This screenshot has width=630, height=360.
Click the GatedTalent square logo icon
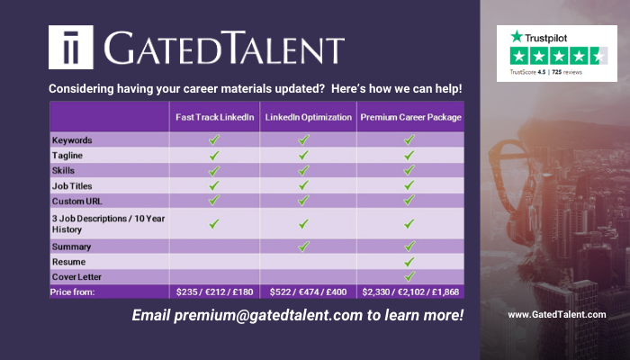[71, 47]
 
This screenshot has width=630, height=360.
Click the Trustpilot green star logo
[517, 37]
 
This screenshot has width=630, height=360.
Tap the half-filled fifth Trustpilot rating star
[599, 56]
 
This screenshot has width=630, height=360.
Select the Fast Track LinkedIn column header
[214, 117]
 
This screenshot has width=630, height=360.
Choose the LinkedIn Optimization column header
[308, 117]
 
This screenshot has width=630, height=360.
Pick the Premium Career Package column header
[410, 117]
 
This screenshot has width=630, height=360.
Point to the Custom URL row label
[76, 201]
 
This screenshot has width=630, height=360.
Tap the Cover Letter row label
[76, 277]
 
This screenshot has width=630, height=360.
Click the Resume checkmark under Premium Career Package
[409, 262]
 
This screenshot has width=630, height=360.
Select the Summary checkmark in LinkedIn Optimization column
[304, 247]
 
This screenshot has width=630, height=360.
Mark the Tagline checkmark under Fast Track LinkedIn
[214, 155]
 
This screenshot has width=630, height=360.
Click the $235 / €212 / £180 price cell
[214, 292]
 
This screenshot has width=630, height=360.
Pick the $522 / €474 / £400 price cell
[308, 292]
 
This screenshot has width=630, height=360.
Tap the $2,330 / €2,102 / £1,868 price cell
[410, 292]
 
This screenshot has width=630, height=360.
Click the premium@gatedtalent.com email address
[268, 315]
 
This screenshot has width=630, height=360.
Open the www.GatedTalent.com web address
[557, 315]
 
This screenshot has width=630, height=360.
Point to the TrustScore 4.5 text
[527, 72]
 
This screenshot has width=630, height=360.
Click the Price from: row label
[72, 292]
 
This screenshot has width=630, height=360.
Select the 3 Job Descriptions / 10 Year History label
[108, 224]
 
